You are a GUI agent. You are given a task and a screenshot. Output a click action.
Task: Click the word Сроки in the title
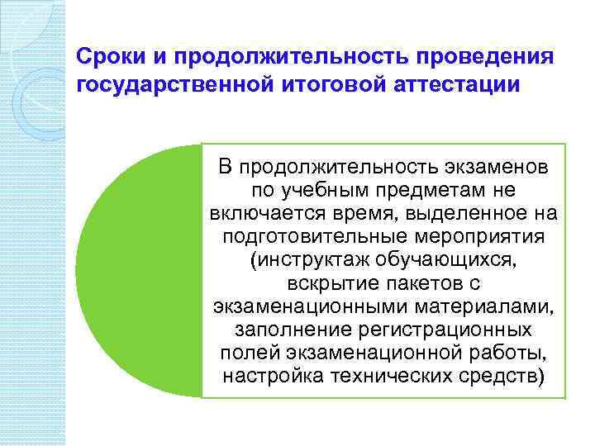coord(105,58)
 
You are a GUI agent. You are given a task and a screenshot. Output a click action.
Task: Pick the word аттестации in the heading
coord(455,86)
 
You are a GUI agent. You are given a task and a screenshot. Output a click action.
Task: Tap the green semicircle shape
coord(140,273)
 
